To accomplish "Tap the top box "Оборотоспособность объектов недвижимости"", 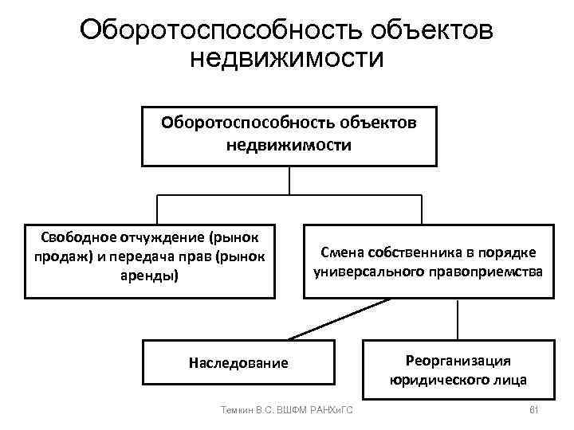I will (x=289, y=135).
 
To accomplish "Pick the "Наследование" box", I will (x=238, y=362).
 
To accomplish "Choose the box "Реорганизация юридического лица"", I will (x=458, y=369).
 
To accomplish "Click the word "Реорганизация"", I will (x=458, y=360).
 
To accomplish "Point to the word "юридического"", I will (x=438, y=379).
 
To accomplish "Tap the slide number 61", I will (x=534, y=409).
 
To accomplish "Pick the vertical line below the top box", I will (x=289, y=180).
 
